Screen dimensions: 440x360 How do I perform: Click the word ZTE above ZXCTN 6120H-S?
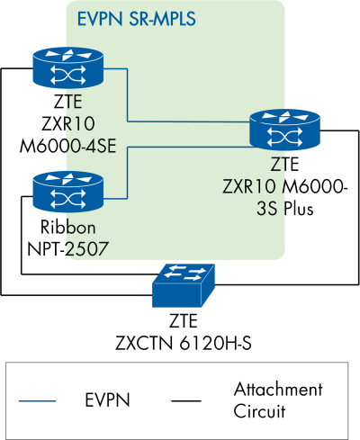click(181, 321)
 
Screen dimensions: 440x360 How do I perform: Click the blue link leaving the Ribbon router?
click(126, 171)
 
